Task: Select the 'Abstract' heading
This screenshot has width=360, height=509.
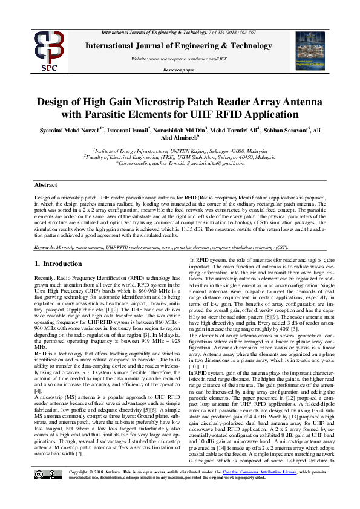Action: point(46,184)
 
